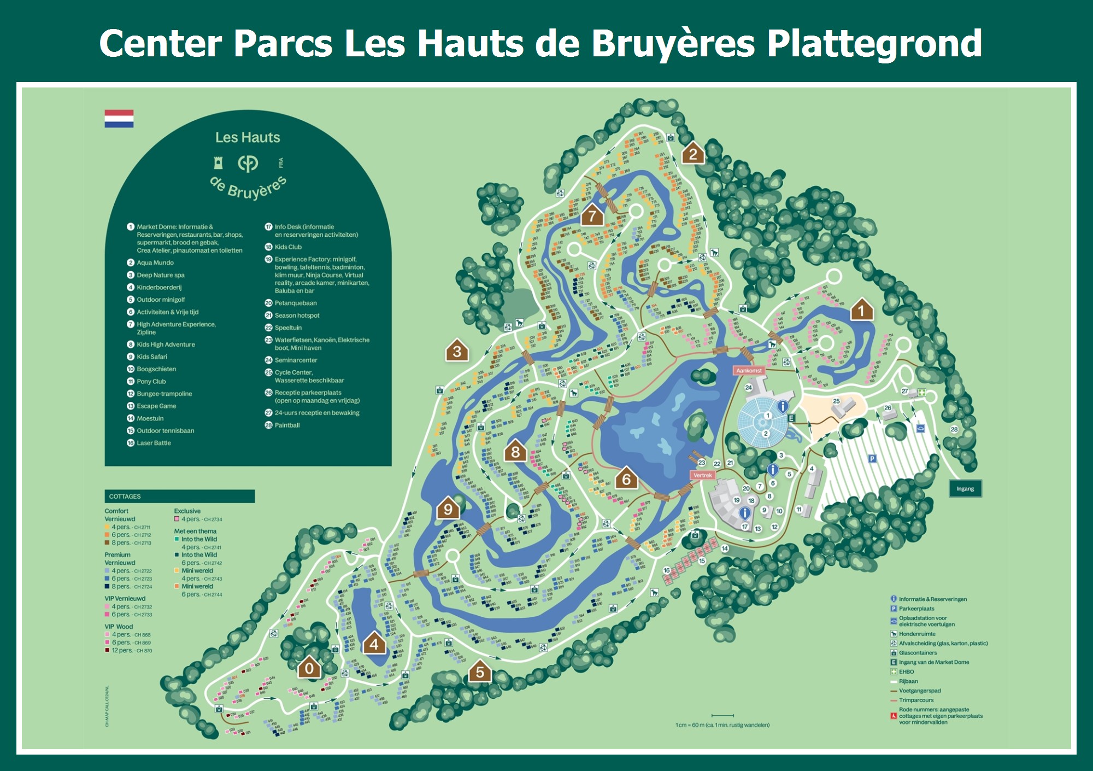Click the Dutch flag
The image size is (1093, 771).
click(x=119, y=119)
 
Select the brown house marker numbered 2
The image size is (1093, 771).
click(x=693, y=154)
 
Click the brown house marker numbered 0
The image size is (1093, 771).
click(x=309, y=668)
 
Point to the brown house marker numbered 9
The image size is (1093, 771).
click(x=448, y=509)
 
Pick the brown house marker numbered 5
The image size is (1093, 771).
click(x=480, y=671)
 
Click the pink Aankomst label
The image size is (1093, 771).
click(x=749, y=371)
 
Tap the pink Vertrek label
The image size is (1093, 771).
click(x=702, y=475)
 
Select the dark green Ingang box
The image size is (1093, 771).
click(x=965, y=488)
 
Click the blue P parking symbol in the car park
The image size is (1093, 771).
click(x=872, y=459)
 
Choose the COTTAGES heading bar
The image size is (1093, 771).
click(x=179, y=496)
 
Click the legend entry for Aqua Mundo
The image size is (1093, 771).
click(x=155, y=263)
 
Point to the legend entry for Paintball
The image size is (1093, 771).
click(x=287, y=425)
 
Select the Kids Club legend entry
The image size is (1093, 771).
click(x=288, y=247)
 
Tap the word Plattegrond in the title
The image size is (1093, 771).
click(x=874, y=44)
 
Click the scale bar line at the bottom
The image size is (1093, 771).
click(x=722, y=715)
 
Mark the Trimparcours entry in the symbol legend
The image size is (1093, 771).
click(x=916, y=700)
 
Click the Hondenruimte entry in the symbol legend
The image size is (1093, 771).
click(x=917, y=634)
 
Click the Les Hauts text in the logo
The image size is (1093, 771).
click(x=248, y=137)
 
